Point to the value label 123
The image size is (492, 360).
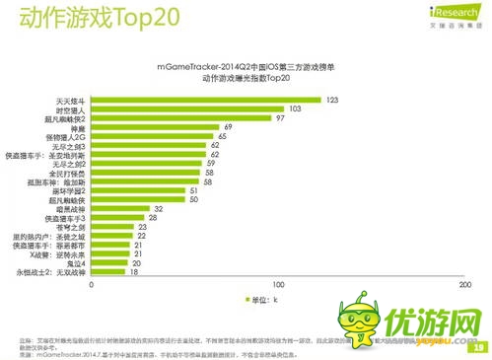tap(332, 100)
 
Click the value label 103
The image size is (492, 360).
tap(294, 108)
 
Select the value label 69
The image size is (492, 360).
tap(228, 127)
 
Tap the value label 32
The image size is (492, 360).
tap(158, 209)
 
